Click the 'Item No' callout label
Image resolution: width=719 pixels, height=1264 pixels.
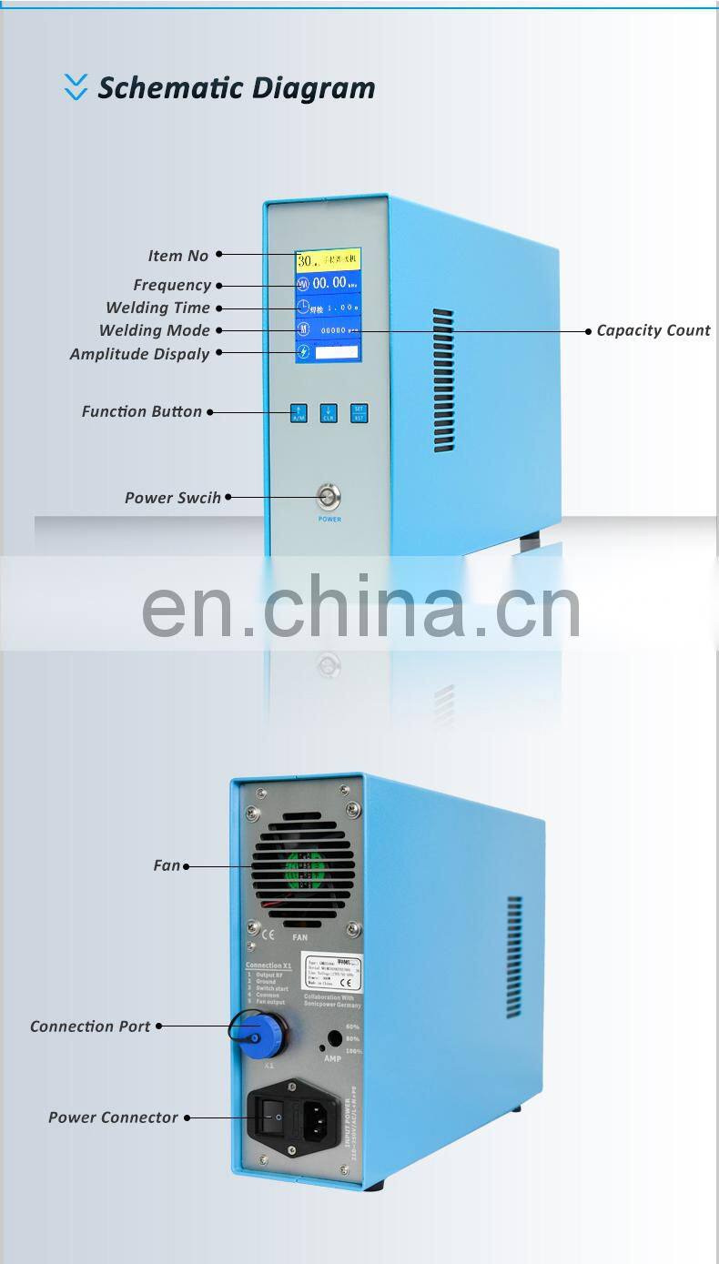pos(178,256)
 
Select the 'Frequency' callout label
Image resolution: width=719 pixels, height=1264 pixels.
pos(172,285)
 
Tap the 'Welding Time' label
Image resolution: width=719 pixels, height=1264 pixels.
pos(157,308)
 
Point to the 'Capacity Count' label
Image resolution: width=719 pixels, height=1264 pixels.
pos(653,330)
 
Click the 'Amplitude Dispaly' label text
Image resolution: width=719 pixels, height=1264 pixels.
pos(139,354)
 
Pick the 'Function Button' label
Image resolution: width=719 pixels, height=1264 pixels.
pos(141,411)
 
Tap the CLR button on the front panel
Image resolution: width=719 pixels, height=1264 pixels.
pos(329,413)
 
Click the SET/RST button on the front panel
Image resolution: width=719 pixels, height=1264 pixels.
pos(359,412)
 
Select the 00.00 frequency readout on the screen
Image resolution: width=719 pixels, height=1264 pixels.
pos(329,283)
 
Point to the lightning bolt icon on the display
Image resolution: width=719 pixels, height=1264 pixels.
pos(303,351)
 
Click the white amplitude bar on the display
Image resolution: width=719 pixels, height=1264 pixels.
pos(338,351)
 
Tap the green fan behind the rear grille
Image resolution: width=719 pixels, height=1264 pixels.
pos(302,865)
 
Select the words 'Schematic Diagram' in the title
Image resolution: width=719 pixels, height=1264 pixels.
pos(237,88)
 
